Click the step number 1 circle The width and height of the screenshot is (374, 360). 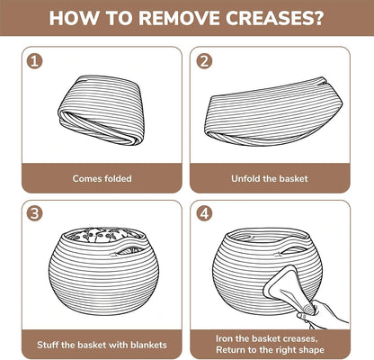(x=35, y=61)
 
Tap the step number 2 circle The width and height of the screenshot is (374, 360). (x=204, y=61)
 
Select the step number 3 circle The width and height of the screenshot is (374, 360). (x=35, y=213)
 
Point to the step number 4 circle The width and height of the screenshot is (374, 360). (x=204, y=213)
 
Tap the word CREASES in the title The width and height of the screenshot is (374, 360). (x=274, y=18)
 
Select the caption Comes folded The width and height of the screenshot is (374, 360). (x=102, y=178)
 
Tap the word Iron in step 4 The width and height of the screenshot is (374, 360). (x=224, y=338)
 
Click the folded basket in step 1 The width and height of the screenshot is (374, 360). (x=101, y=110)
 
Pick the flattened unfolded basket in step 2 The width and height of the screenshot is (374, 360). (x=273, y=112)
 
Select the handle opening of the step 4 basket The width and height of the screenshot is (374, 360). (x=294, y=250)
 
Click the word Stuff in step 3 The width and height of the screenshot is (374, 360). (x=48, y=345)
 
